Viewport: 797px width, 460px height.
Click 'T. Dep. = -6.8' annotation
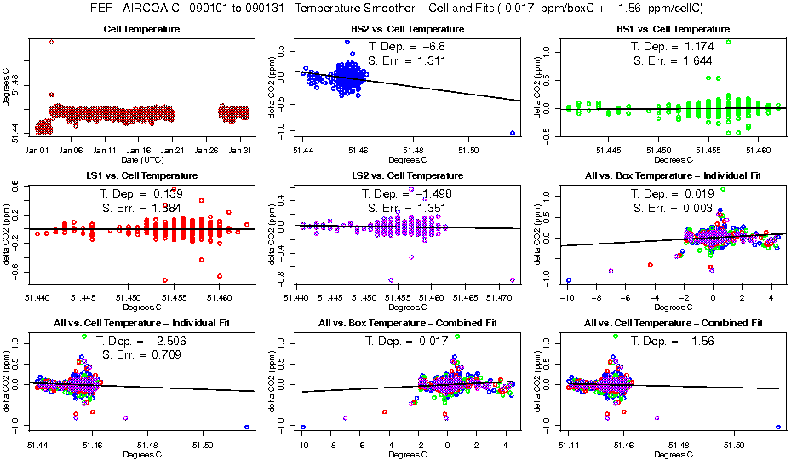point(405,46)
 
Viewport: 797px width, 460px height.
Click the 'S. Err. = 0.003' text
point(670,208)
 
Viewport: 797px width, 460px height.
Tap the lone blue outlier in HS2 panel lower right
point(513,133)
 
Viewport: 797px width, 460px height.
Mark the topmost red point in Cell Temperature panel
point(51,42)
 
